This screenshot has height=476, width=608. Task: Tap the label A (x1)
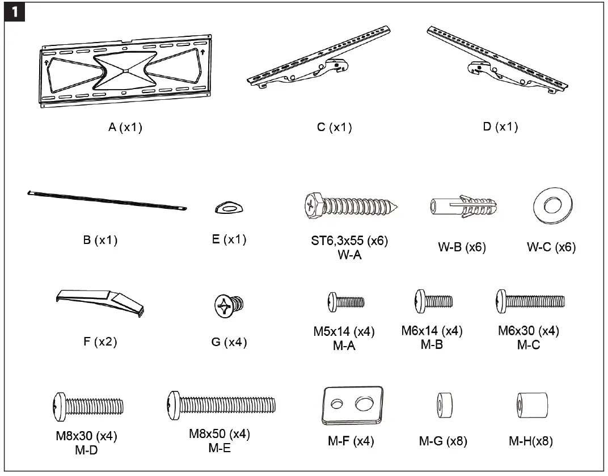click(125, 128)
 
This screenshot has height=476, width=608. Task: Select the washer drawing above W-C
click(550, 208)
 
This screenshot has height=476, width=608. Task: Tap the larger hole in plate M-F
click(363, 404)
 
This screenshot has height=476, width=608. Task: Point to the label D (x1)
click(500, 127)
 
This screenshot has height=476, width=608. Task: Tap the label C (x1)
click(334, 128)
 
